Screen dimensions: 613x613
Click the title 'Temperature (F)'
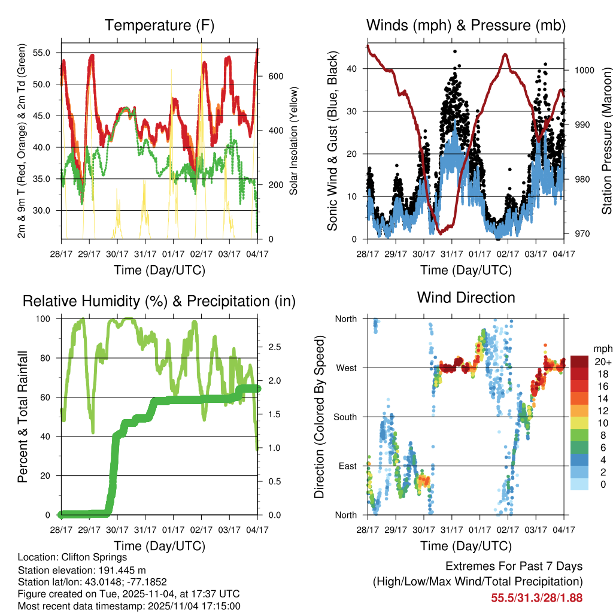click(x=159, y=25)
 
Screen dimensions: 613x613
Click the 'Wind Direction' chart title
click(x=466, y=297)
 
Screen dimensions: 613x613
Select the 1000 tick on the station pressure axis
click(x=584, y=70)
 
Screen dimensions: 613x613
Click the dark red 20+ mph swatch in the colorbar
click(x=579, y=361)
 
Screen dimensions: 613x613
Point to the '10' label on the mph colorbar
click(x=602, y=423)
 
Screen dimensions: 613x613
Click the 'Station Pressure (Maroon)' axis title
click(x=606, y=141)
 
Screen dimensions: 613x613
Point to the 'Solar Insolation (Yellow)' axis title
click(x=293, y=141)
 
